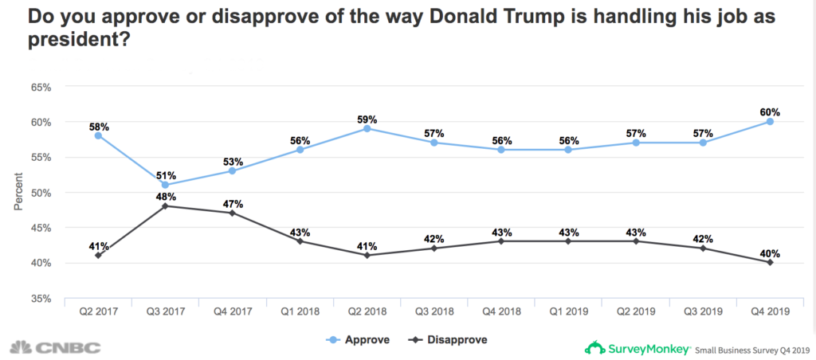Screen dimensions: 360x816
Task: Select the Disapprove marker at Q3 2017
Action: (165, 206)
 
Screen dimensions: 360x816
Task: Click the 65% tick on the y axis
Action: (40, 87)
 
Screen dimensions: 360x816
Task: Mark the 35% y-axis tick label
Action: (40, 298)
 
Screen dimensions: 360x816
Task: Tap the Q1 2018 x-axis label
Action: (300, 313)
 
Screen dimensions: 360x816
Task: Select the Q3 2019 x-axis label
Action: (703, 313)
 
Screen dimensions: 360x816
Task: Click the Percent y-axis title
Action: (18, 192)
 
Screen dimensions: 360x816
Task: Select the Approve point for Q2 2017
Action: (97, 135)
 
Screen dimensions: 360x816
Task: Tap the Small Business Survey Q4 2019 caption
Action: (751, 349)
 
